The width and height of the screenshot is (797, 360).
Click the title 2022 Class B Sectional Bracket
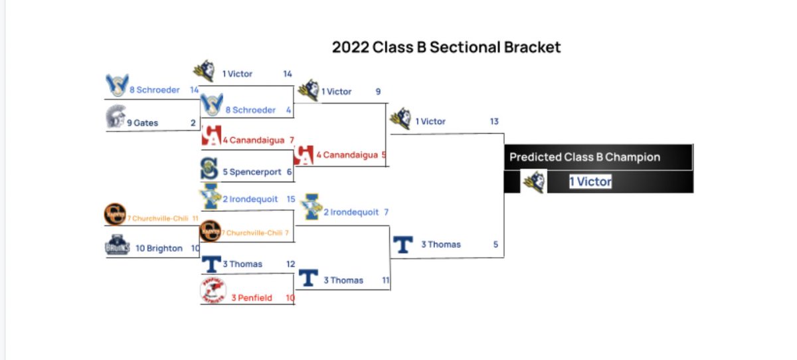[x=446, y=48]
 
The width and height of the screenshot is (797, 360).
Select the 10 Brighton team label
[x=159, y=248]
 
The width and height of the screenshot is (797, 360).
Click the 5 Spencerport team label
[x=252, y=172]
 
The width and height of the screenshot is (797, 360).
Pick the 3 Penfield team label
[x=252, y=298]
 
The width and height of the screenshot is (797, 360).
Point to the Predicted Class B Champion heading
[x=584, y=157]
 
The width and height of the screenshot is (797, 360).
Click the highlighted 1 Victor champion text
[x=590, y=182]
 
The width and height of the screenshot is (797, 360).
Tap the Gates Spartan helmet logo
[x=115, y=118]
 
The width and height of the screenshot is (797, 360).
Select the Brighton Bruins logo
[x=116, y=246]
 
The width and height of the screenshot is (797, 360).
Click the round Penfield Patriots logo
[x=213, y=291]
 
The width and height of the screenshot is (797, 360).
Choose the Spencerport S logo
[x=209, y=169]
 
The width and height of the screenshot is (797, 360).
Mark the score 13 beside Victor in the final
[x=493, y=122]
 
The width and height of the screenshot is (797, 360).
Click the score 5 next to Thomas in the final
[x=495, y=244]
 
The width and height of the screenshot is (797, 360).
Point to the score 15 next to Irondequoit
[x=290, y=199]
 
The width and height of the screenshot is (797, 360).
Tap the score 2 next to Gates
[x=193, y=123]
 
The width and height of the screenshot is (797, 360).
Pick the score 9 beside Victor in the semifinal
[x=378, y=92]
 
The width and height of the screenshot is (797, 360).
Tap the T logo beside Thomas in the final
[x=402, y=245]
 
